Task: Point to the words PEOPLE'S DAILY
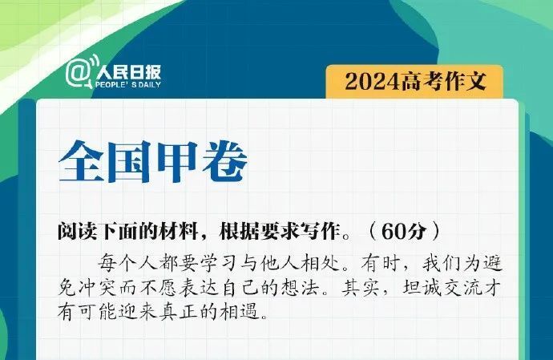[x=127, y=83]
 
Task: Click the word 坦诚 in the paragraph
[x=429, y=286]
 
